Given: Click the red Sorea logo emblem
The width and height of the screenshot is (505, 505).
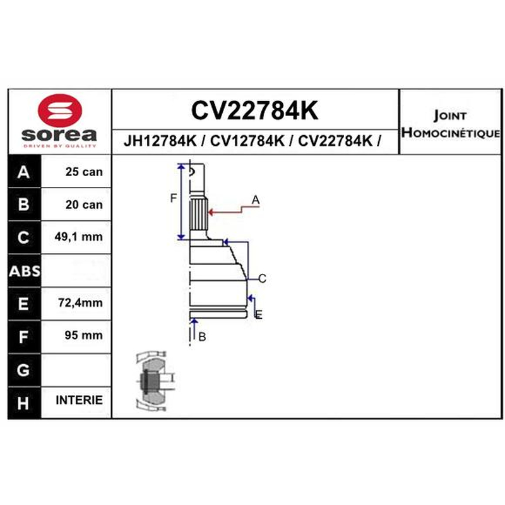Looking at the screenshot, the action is click(60, 111).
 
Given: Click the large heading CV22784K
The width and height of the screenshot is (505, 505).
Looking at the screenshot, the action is click(255, 110).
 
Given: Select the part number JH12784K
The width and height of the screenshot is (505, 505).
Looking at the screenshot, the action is click(160, 141).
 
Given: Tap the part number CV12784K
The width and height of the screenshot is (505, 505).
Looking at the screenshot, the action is click(247, 141).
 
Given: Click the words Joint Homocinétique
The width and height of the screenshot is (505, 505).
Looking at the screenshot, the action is click(450, 124).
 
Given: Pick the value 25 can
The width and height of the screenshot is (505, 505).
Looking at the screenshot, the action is click(84, 172).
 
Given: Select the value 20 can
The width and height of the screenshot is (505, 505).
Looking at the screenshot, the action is click(84, 205).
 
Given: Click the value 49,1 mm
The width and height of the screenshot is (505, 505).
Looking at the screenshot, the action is click(78, 237).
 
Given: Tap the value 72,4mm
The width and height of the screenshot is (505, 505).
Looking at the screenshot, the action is click(81, 303).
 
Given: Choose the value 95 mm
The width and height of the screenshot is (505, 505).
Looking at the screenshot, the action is click(84, 335).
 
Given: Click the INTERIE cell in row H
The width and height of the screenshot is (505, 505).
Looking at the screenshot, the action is click(80, 400).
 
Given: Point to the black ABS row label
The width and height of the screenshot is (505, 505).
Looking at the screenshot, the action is click(25, 271).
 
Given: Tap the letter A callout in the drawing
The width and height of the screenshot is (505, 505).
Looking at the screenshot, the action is click(256, 200).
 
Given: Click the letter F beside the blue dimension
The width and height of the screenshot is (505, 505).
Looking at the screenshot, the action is click(174, 198).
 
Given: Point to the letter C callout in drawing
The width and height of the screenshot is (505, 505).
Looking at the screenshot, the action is click(262, 278).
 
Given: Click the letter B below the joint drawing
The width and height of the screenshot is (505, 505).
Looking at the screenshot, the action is click(202, 337).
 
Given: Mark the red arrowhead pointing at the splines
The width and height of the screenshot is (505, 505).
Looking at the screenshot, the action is click(211, 212).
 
